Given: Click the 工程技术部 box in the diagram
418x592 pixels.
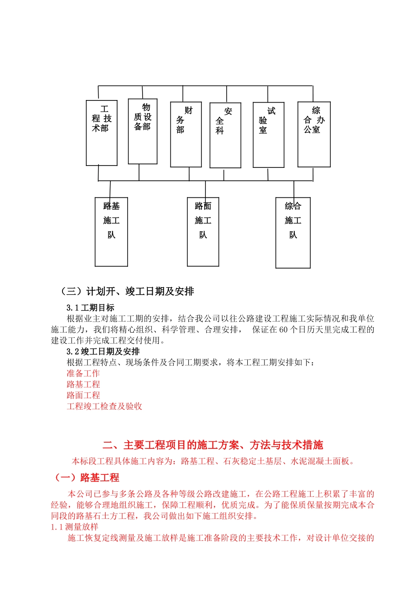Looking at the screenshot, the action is (102, 133).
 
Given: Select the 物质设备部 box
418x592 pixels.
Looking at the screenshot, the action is (143, 131).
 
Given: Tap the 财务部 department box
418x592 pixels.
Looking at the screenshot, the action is (186, 134).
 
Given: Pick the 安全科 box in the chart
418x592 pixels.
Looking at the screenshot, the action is (225, 135).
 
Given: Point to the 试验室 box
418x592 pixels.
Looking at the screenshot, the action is (268, 135).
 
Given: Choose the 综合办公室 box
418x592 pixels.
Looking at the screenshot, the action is (314, 134).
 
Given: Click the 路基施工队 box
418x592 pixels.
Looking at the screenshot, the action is (111, 232).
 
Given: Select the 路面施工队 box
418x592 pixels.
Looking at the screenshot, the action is (203, 232).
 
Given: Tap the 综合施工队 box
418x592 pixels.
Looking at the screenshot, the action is (293, 233).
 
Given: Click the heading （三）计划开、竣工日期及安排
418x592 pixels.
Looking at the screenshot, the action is (127, 292).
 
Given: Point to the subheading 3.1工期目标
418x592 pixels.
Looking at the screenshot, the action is (90, 308).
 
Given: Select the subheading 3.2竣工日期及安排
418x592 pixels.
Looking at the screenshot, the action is (103, 351).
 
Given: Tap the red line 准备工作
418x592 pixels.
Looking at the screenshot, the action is (83, 374).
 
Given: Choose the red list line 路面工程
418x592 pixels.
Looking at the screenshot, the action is (83, 396).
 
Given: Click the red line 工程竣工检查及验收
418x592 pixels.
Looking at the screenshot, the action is (104, 407).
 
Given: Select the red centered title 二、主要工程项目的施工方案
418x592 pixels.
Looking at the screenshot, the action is (213, 445).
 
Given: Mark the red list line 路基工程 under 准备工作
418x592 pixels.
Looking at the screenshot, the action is (83, 385).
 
